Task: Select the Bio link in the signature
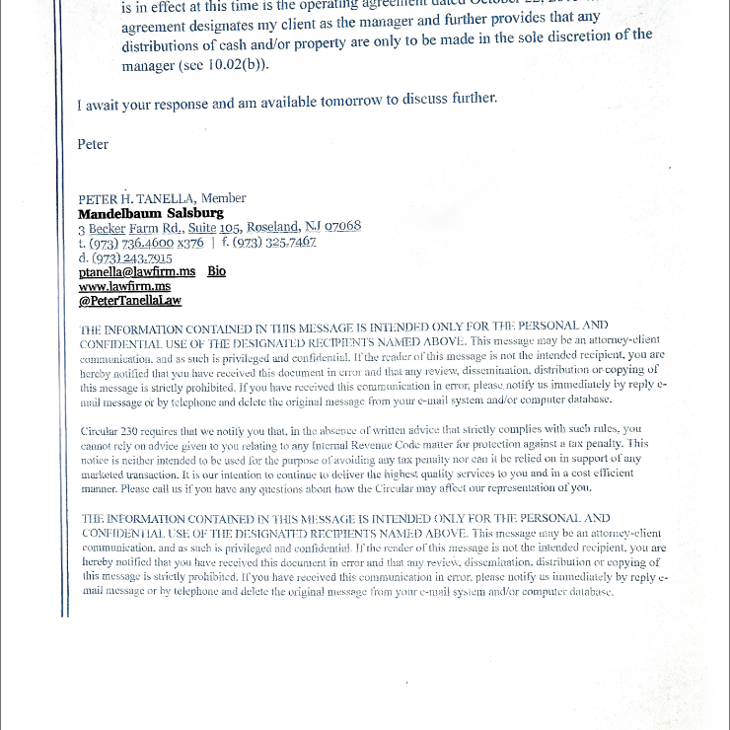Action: (x=216, y=271)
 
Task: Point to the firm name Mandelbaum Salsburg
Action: (x=151, y=212)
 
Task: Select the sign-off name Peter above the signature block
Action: (x=93, y=144)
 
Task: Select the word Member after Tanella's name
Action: (x=223, y=198)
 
